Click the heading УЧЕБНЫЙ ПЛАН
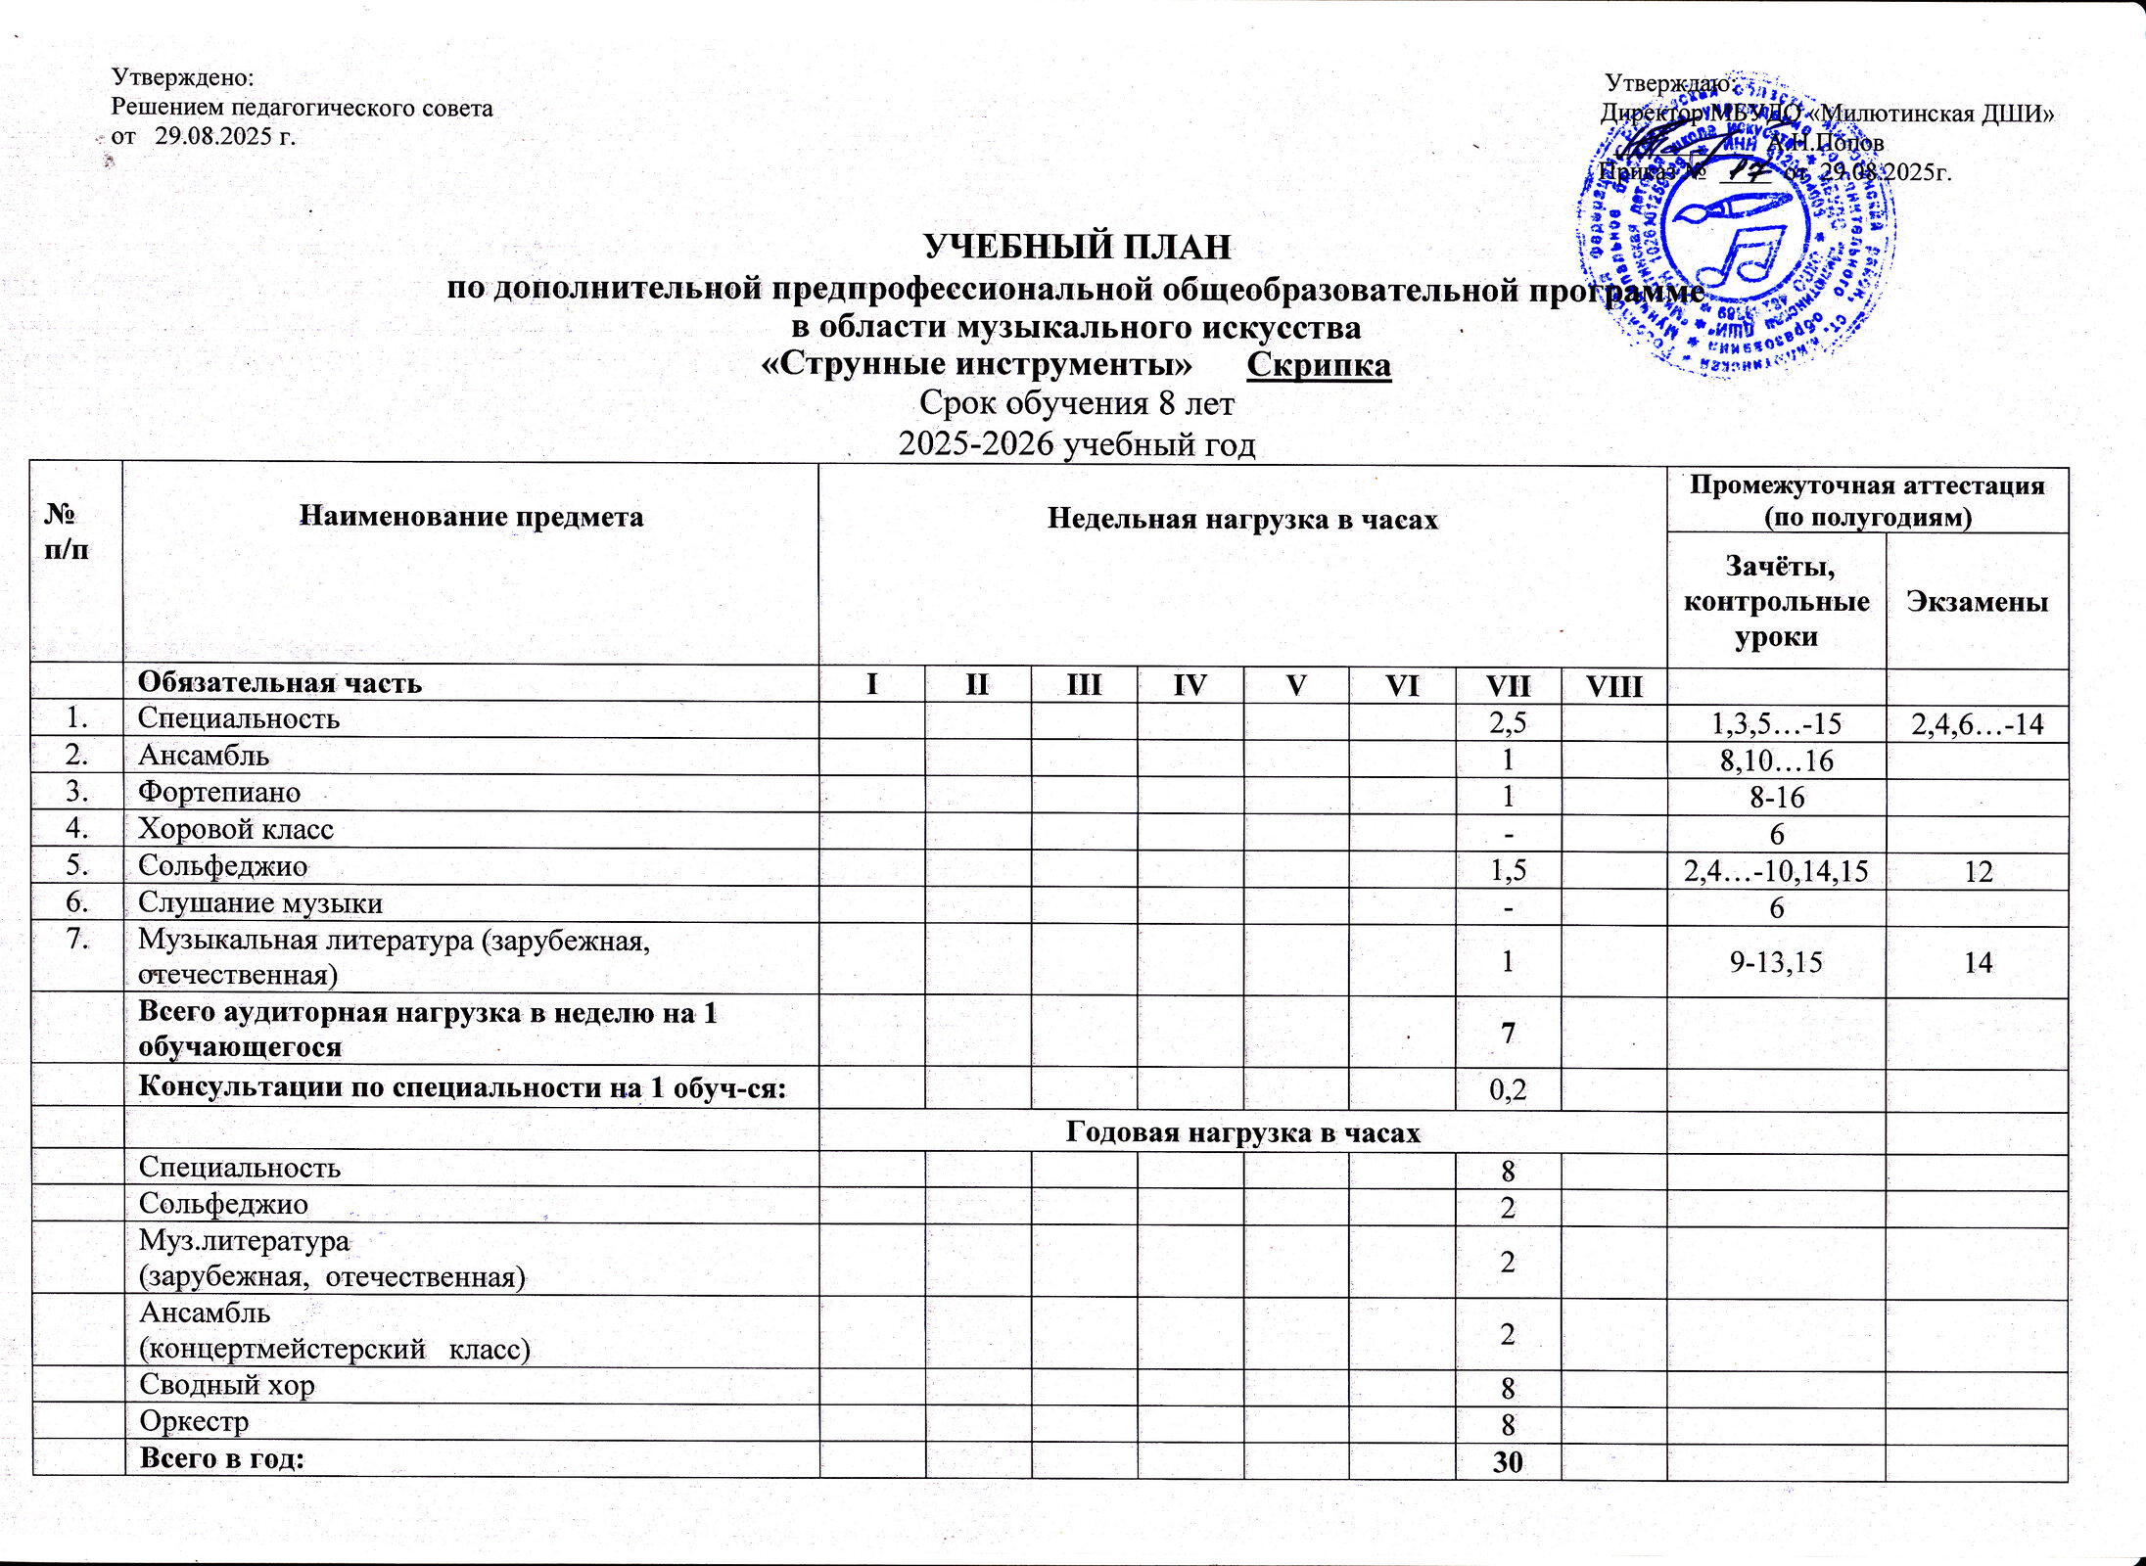[x=1077, y=248]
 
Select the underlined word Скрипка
[x=1319, y=364]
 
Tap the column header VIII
[x=1613, y=684]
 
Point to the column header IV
[x=1190, y=684]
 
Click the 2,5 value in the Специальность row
[x=1508, y=722]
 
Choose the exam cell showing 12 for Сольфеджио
[x=1978, y=871]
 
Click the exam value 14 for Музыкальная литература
[x=1978, y=962]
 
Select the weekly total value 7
[x=1508, y=1032]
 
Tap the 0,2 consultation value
[x=1508, y=1089]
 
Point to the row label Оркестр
[x=194, y=1420]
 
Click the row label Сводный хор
[x=227, y=1384]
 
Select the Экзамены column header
[x=1977, y=601]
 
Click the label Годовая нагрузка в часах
[x=1241, y=1131]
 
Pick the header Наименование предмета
[x=471, y=516]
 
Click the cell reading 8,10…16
[x=1776, y=760]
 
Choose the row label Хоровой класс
[x=236, y=829]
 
